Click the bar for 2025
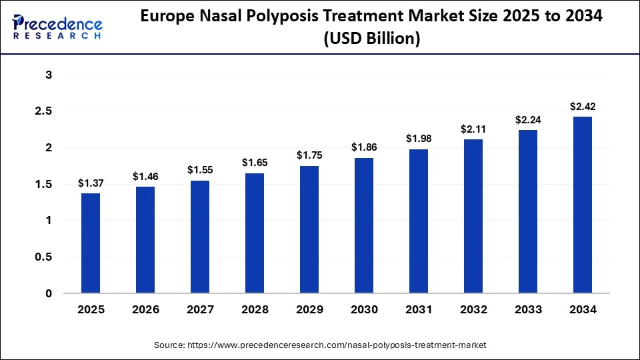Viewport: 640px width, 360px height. coord(91,243)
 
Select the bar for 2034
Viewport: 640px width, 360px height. coord(582,205)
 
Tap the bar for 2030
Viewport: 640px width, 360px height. coord(364,225)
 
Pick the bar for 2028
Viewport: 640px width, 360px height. coord(255,233)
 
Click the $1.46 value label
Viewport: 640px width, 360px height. coord(145,177)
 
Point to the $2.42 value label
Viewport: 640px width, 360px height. coord(582,107)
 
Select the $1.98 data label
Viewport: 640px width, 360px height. coord(419,139)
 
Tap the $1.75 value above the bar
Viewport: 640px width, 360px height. coord(309,155)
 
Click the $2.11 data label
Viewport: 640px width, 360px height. coord(473,129)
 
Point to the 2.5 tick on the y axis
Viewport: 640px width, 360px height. coord(44,111)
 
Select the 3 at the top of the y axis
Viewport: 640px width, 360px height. coord(49,75)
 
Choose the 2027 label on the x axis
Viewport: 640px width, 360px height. coord(200,310)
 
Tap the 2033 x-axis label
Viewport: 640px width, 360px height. coord(528,310)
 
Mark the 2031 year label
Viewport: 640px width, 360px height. coord(419,310)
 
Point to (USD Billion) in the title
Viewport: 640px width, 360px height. coord(371,39)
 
